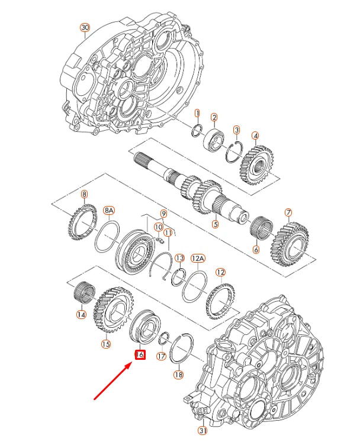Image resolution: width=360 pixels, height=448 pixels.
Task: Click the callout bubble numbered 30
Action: click(x=85, y=28)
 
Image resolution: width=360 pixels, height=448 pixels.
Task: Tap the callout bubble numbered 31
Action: click(x=202, y=431)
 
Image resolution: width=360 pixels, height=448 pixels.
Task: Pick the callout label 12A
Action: click(x=198, y=259)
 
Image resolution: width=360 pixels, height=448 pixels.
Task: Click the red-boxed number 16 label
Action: click(x=140, y=355)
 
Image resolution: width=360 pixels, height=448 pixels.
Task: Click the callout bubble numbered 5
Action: click(x=216, y=224)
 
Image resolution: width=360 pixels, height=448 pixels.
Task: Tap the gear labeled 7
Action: click(x=290, y=242)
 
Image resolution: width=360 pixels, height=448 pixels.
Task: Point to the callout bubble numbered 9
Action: click(x=164, y=214)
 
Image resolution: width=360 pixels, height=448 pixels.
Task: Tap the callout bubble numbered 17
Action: click(x=161, y=356)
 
